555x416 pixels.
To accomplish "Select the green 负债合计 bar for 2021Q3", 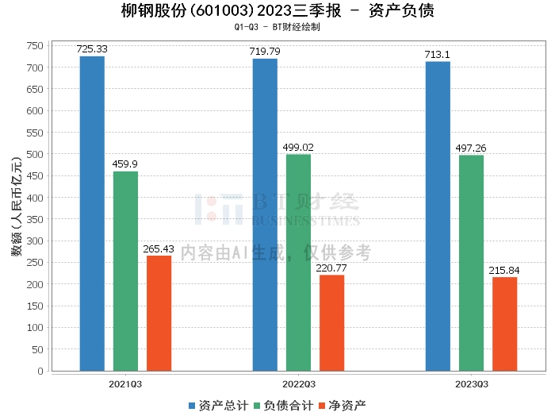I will tap(125, 271).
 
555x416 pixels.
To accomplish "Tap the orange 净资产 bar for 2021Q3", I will tap(159, 313).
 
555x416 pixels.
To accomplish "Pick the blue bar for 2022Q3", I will tap(265, 214).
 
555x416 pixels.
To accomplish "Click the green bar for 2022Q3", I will tap(298, 262).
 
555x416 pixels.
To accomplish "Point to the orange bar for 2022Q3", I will tap(331, 322).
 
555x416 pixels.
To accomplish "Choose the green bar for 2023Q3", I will tap(471, 263).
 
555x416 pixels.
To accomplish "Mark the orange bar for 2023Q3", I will tap(504, 324).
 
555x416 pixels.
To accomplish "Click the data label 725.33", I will tap(92, 49).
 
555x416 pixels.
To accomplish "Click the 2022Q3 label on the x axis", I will tap(298, 383).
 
